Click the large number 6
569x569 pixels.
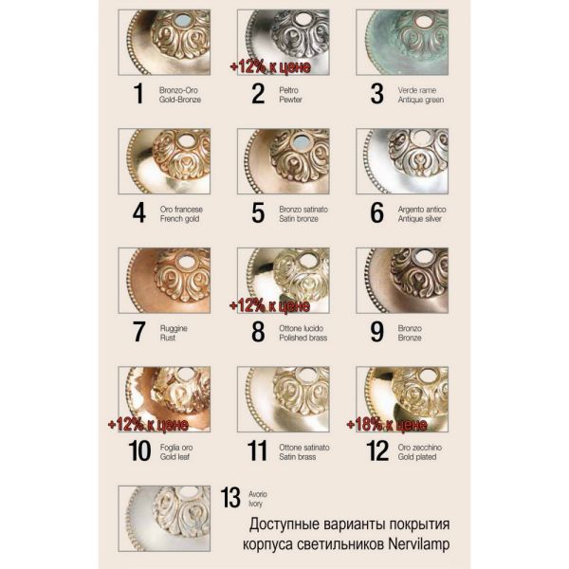click(x=377, y=211)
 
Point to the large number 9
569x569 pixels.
click(x=377, y=331)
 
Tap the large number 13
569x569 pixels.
click(x=230, y=497)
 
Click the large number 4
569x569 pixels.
click(x=139, y=211)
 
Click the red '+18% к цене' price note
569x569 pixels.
click(x=387, y=424)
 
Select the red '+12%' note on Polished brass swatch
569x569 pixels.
click(x=269, y=305)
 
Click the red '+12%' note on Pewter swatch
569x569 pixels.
click(x=269, y=66)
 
